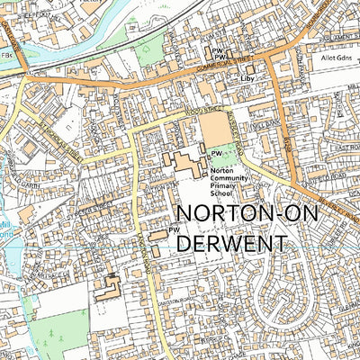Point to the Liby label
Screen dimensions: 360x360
pos(247,79)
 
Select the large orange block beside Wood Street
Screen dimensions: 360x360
pos(214,128)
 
